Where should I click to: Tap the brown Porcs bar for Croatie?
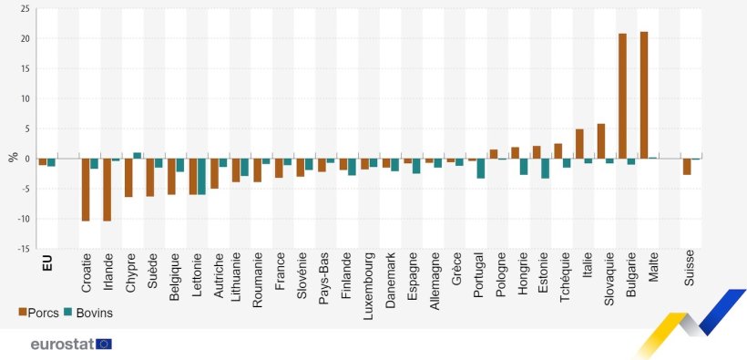(86, 189)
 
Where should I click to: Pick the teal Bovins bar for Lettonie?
(201, 176)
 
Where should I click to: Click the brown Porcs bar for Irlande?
(107, 189)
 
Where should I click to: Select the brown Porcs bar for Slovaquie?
(601, 141)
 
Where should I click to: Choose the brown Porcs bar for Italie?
(579, 144)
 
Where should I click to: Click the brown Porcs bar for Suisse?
(687, 166)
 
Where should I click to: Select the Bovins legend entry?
(94, 312)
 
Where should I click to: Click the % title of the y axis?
(13, 157)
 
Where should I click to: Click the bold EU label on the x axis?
(46, 262)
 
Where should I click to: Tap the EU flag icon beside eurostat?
(104, 344)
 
